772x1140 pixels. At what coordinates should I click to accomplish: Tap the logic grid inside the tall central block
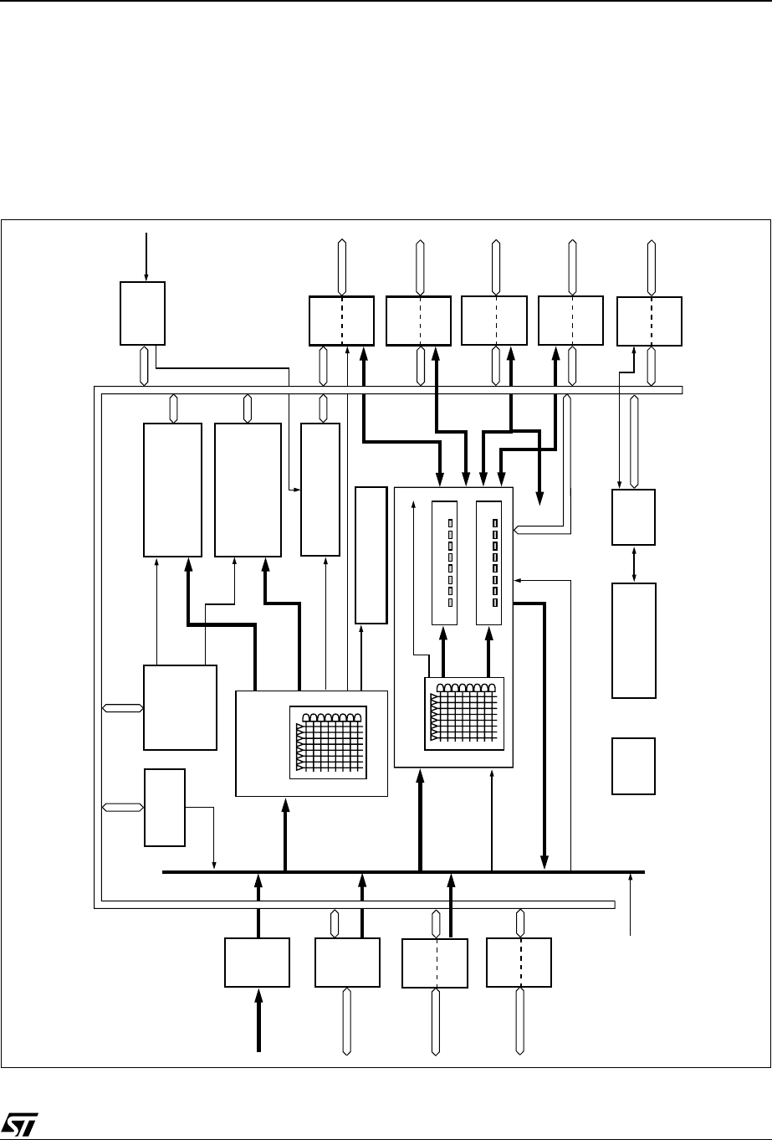(x=464, y=714)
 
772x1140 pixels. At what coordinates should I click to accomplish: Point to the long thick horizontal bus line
(x=402, y=872)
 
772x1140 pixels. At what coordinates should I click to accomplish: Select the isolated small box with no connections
(x=633, y=766)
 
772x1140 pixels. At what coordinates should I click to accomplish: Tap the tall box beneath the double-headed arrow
(x=633, y=640)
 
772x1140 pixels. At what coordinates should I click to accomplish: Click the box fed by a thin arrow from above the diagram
(x=142, y=313)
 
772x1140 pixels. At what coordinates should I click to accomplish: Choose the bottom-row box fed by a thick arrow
(x=258, y=963)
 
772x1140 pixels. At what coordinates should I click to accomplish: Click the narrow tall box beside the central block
(x=371, y=554)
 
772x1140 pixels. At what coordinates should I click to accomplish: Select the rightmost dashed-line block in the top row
(x=649, y=321)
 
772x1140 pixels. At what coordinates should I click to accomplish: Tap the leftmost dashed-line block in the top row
(x=341, y=321)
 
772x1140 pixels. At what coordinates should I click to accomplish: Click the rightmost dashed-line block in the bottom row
(x=519, y=963)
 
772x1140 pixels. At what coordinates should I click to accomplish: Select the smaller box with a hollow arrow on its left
(x=165, y=807)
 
